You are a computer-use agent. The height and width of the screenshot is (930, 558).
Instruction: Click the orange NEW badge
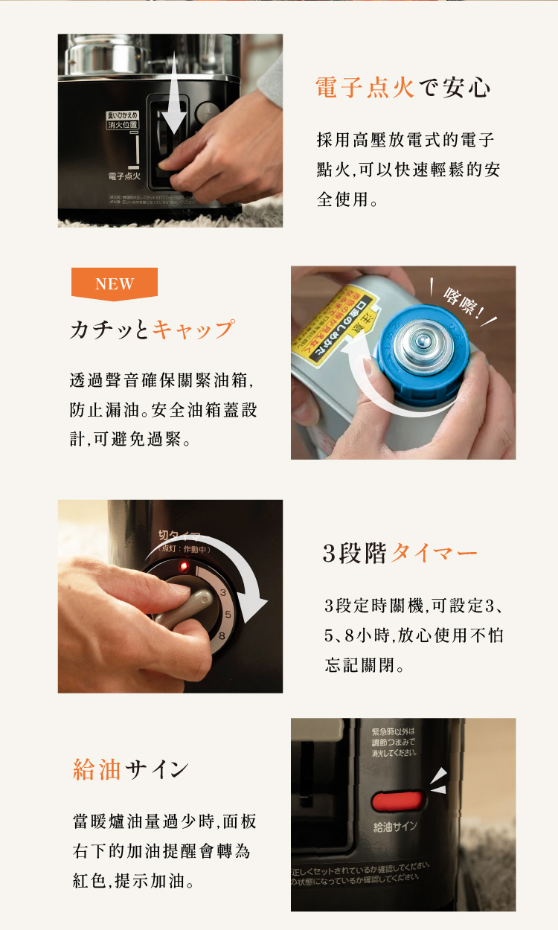click(115, 283)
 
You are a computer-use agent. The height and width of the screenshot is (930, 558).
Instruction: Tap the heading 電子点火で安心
click(403, 87)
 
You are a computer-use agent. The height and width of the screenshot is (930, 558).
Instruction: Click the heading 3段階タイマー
click(400, 554)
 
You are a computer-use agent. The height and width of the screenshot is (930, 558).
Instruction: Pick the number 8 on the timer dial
click(222, 635)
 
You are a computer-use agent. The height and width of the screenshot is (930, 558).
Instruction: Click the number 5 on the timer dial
click(228, 615)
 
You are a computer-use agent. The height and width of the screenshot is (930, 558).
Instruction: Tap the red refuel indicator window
click(397, 801)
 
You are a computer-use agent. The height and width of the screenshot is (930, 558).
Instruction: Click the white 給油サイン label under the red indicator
click(395, 827)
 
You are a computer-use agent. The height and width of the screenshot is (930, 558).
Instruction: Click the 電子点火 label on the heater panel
click(124, 176)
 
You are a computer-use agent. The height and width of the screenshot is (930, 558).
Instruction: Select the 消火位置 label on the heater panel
click(123, 125)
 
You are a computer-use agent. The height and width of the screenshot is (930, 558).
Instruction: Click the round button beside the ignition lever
click(208, 113)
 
